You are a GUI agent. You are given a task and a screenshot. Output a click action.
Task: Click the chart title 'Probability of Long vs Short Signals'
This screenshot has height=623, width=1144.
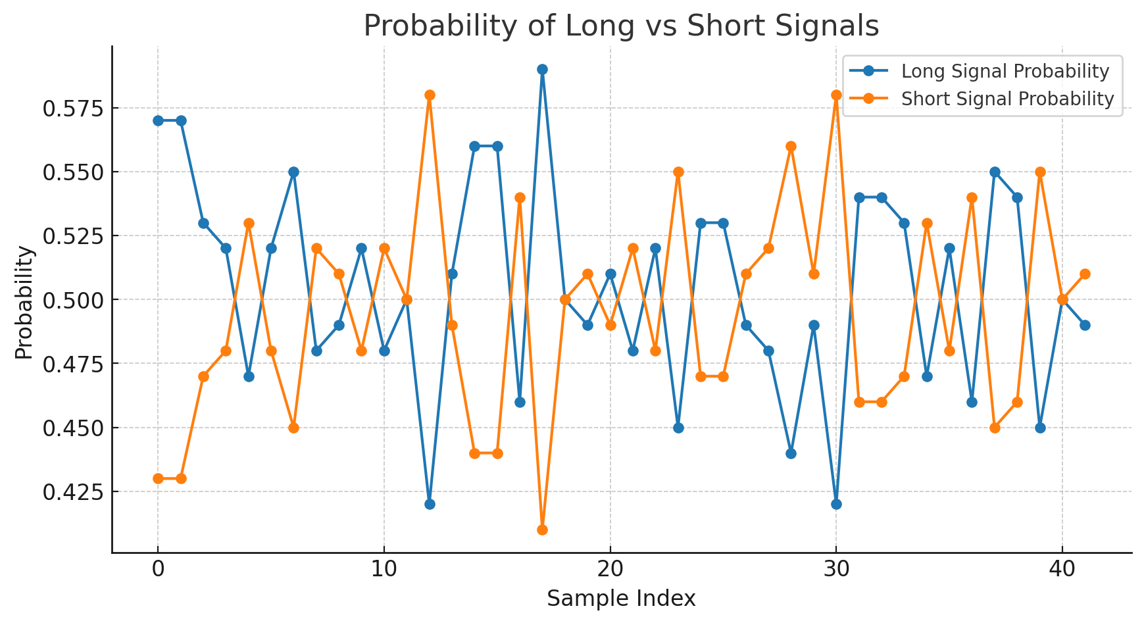click(x=621, y=26)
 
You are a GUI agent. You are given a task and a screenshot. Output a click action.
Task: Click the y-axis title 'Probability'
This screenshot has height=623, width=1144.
click(x=24, y=303)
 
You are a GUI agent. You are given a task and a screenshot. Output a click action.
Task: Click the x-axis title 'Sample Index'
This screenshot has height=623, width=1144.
click(x=621, y=599)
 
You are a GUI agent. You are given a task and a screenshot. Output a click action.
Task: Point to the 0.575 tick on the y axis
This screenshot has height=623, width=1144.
click(x=73, y=108)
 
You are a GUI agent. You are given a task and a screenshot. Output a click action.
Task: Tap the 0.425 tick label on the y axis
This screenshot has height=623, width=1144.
click(x=73, y=491)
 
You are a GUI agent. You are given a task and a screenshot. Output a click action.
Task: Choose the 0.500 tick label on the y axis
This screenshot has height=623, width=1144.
click(x=73, y=300)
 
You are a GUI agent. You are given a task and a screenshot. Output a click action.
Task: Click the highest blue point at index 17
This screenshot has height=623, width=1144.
click(x=542, y=69)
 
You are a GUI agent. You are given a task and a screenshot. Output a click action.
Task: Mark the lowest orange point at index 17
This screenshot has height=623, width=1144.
click(x=542, y=530)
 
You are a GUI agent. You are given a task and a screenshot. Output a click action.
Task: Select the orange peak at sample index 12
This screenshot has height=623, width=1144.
click(x=430, y=95)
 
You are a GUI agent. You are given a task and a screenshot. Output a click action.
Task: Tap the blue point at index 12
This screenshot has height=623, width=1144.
click(x=430, y=504)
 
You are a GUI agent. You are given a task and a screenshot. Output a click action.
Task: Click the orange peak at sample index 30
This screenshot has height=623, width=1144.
click(x=836, y=95)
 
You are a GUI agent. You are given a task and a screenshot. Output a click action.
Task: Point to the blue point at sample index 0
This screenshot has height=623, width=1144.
click(x=158, y=120)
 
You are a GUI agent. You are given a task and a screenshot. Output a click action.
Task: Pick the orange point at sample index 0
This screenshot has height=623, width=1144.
click(x=158, y=478)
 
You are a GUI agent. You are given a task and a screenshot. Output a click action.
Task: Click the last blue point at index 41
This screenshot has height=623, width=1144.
click(x=1085, y=325)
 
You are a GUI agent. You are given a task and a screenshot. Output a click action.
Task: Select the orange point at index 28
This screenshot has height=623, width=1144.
click(x=791, y=146)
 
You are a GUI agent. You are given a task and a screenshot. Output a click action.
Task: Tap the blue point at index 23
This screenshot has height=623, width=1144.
click(x=678, y=428)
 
